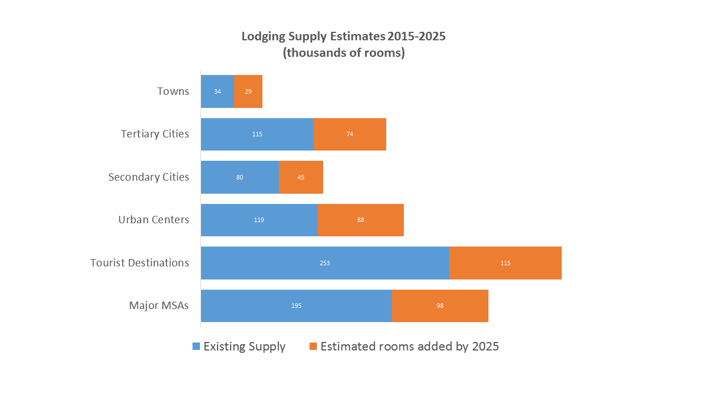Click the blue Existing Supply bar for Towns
click(218, 91)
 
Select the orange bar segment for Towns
click(248, 91)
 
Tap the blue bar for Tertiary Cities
click(257, 134)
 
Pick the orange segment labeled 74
click(350, 134)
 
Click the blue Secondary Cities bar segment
click(240, 177)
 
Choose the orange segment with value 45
click(301, 177)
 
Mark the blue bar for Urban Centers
click(259, 220)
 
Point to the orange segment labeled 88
click(361, 220)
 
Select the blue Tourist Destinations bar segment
click(325, 263)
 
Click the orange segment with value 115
click(505, 263)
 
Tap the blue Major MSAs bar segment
click(296, 306)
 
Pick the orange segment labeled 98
click(440, 306)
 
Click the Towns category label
click(173, 91)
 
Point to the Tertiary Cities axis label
click(155, 134)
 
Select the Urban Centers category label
click(153, 220)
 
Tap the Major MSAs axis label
click(159, 306)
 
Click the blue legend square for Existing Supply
click(197, 347)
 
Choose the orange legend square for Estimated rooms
click(314, 347)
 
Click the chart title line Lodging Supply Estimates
click(344, 36)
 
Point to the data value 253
click(325, 263)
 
